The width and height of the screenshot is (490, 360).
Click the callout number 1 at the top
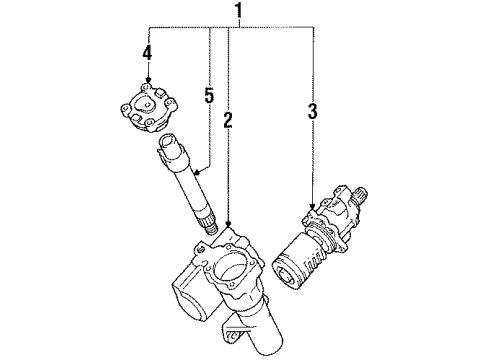(x=237, y=12)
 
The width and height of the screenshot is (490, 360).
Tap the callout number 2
(x=228, y=122)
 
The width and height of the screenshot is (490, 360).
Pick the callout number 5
(x=208, y=97)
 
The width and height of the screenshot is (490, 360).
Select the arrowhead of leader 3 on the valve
(x=313, y=210)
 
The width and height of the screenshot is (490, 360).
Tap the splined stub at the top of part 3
(x=359, y=194)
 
